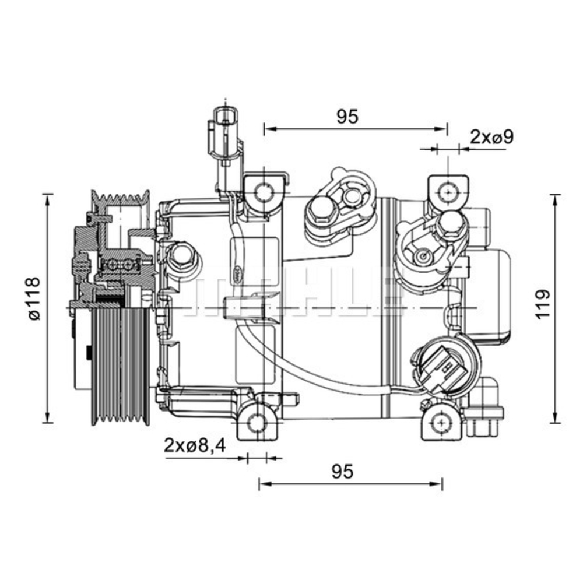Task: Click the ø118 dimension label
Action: click(34, 298)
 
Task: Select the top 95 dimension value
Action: click(347, 117)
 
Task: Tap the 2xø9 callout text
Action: click(491, 138)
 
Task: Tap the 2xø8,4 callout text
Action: click(195, 446)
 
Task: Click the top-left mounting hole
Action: click(264, 192)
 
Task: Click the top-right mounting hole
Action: click(448, 192)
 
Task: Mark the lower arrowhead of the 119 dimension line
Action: click(556, 419)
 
